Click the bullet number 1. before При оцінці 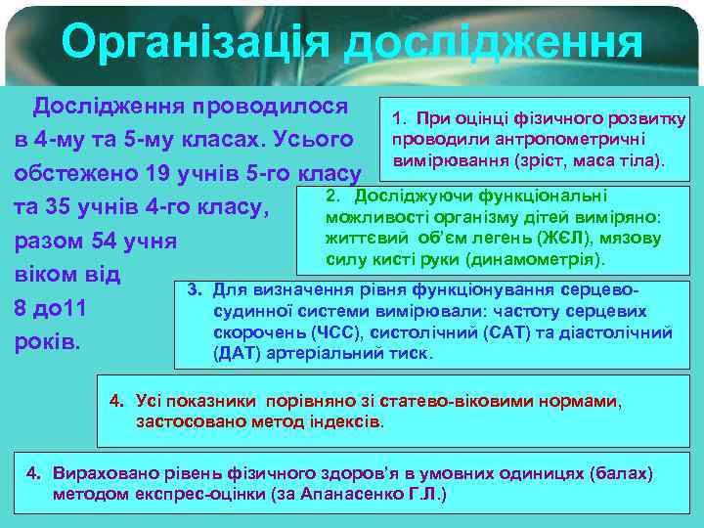click(398, 119)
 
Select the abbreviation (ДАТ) click(232, 353)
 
